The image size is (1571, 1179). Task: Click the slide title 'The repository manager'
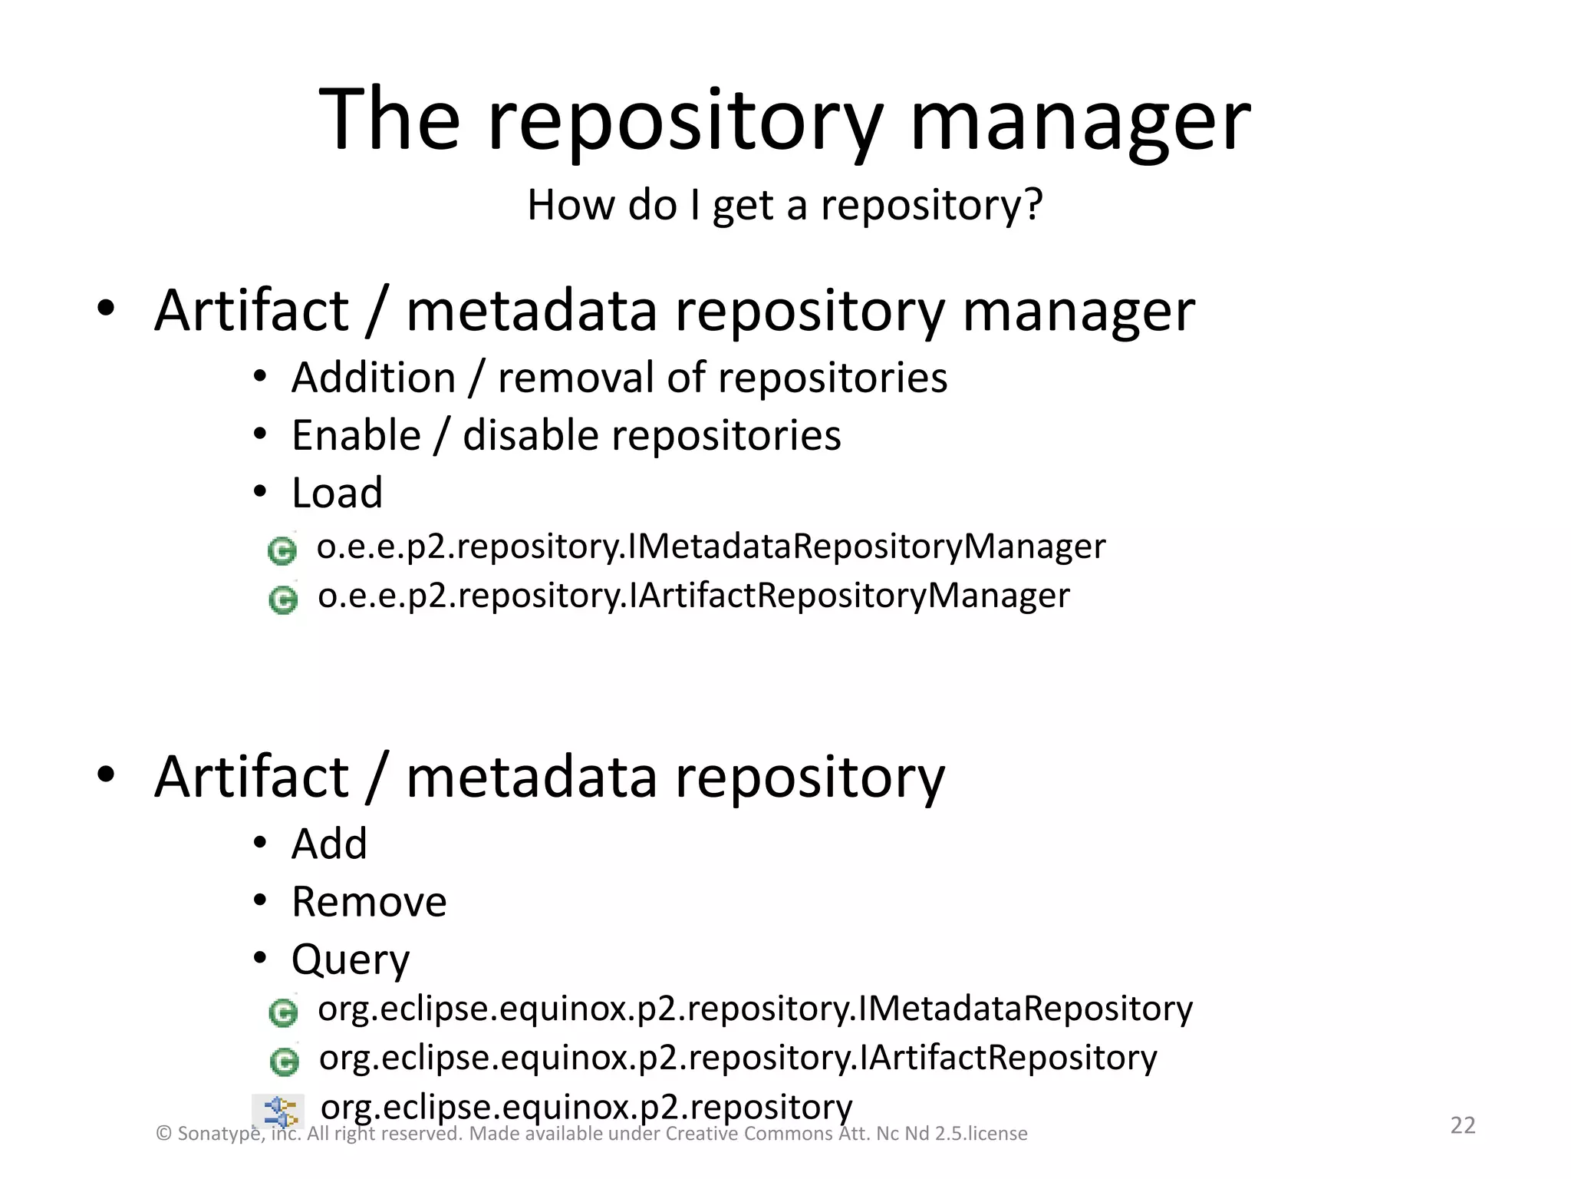[x=785, y=120]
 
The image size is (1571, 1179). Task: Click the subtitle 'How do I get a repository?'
[x=785, y=206]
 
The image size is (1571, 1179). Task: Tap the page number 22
[x=1462, y=1125]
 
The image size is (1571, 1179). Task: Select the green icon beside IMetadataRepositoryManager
[x=282, y=550]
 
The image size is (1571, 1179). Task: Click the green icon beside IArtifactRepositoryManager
[x=283, y=599]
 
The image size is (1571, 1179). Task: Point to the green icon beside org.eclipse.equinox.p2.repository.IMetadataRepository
[x=283, y=1012]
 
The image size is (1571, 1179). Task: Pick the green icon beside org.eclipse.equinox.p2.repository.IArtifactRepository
[x=285, y=1062]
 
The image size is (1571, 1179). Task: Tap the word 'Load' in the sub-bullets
[x=337, y=493]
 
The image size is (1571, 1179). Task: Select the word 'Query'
[x=351, y=960]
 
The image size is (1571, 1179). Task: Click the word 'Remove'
[x=369, y=902]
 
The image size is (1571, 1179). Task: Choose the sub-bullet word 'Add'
[x=329, y=844]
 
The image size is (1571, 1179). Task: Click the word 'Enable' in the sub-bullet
[x=357, y=436]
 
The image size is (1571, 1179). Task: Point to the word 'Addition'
[x=374, y=378]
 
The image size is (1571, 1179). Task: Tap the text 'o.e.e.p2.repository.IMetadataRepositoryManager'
[x=711, y=547]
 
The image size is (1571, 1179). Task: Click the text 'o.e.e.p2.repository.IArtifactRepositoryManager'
[x=693, y=596]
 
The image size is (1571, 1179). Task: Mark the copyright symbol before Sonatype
[x=163, y=1134]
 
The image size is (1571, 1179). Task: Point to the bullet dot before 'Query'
[x=260, y=957]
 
